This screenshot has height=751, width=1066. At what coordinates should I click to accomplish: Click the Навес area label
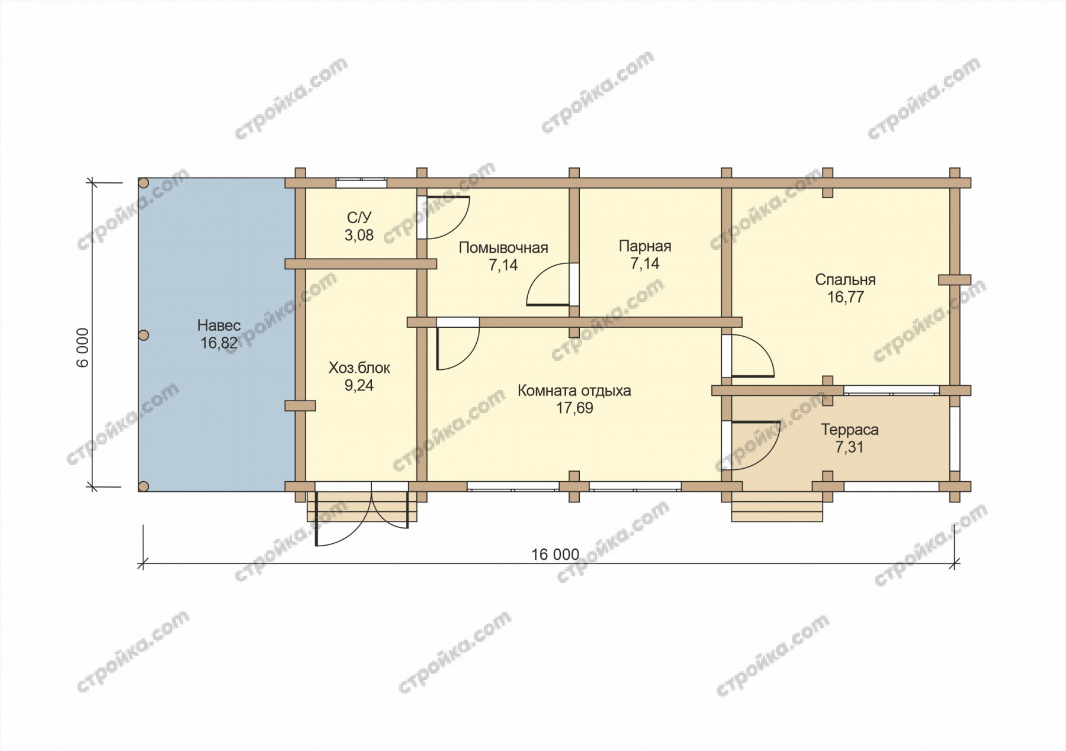219,325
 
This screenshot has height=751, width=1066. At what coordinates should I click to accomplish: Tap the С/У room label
359,218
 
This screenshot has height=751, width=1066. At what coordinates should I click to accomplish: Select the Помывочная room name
503,248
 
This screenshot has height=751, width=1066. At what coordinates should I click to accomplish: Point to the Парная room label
645,246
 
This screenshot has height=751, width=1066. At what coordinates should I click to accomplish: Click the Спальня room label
845,279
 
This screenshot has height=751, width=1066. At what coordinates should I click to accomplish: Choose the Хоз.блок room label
359,368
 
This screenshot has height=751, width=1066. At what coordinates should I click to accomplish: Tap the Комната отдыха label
574,391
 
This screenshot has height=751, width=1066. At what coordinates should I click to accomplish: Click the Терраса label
850,430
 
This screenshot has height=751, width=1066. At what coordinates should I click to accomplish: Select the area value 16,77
845,297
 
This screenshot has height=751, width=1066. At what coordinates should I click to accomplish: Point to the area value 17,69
574,408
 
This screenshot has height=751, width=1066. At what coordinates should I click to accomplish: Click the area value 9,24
359,386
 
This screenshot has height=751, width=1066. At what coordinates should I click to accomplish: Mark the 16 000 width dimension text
555,555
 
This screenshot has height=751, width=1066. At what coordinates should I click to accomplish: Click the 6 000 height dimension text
82,347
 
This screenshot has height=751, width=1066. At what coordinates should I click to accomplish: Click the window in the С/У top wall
361,183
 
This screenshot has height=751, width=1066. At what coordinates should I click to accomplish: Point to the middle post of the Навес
143,336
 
